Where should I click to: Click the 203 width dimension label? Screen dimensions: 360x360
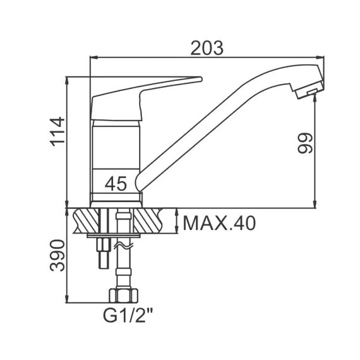(207, 48)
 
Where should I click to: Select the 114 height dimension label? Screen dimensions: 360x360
(57, 132)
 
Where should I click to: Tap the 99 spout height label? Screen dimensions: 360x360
(305, 143)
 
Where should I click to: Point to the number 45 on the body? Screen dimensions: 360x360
(116, 184)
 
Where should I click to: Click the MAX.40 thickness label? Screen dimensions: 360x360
(219, 223)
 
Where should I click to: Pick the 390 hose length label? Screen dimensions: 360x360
(57, 255)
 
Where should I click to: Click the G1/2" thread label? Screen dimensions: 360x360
(128, 316)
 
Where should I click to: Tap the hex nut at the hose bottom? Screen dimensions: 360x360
(123, 296)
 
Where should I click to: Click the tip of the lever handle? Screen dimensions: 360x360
(201, 79)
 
